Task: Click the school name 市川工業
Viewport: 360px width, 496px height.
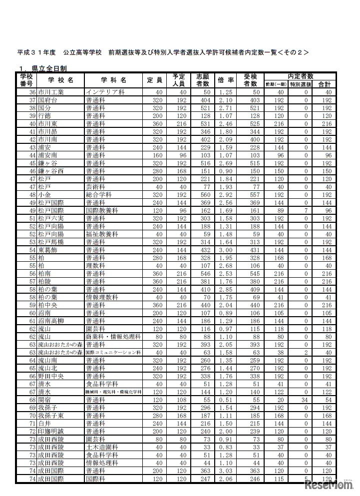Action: [50, 92]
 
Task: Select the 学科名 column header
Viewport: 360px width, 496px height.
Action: [113, 80]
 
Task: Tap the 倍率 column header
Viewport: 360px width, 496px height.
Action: [226, 80]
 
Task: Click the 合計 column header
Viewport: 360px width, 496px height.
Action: [325, 84]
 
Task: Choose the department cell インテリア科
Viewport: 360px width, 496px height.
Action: [105, 92]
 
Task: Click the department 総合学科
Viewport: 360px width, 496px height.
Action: [99, 194]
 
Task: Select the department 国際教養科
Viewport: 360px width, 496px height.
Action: [102, 211]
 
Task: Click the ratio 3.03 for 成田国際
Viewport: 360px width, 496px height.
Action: [226, 471]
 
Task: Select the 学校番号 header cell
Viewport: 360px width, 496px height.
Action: [26, 80]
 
